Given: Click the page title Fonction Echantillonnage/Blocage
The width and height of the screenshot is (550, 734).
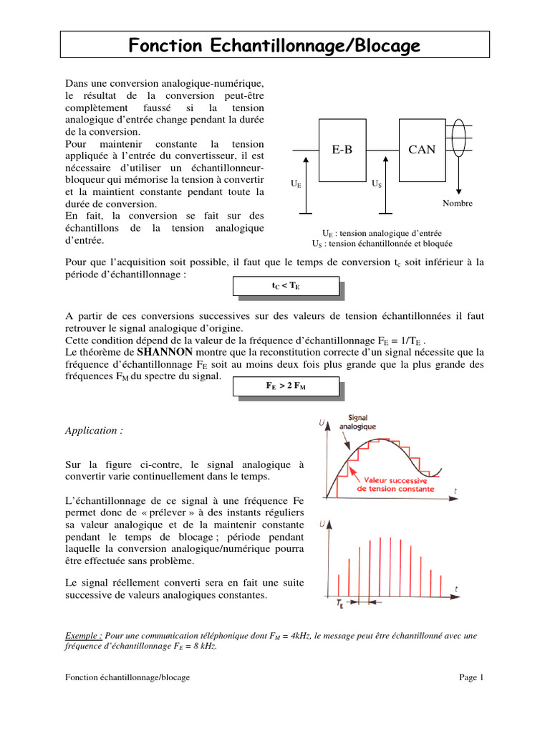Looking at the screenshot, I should point(274,46).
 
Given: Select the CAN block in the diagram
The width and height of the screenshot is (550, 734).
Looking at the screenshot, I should point(423,150).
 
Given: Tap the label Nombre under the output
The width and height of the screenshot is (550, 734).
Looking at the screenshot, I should point(457,204).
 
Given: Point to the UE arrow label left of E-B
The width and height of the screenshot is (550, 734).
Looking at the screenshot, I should point(296,184).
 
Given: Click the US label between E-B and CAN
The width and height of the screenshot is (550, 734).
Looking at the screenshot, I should point(377,184).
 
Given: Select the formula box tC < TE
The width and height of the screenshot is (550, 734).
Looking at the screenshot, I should point(285,285).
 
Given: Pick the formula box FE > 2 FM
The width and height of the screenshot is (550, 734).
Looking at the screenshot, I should point(285,386).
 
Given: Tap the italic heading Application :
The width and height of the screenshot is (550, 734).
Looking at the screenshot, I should point(94,431).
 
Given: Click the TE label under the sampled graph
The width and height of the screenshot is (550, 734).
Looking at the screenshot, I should point(339,604).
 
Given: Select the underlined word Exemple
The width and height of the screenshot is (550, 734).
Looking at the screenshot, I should point(83,635).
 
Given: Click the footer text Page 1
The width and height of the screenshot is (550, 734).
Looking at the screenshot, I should point(471,677).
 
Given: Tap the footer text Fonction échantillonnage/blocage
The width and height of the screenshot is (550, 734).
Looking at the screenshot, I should point(127,677).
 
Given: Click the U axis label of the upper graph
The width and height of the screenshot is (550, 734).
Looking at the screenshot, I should point(320,424).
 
